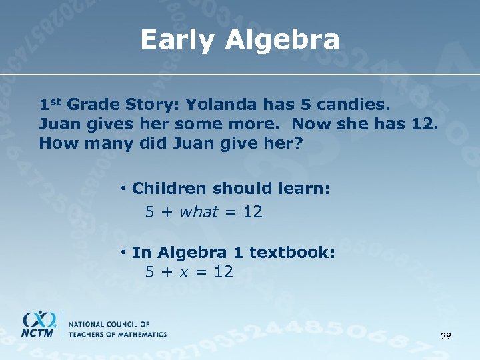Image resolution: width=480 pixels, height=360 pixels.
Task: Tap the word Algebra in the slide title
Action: pos(282,41)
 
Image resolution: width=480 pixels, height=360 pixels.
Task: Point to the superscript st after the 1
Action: pos(55,101)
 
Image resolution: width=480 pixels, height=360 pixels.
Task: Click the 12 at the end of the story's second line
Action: pos(425,124)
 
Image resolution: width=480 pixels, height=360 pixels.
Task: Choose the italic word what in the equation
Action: pos(199,212)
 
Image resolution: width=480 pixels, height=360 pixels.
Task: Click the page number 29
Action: pos(445,336)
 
